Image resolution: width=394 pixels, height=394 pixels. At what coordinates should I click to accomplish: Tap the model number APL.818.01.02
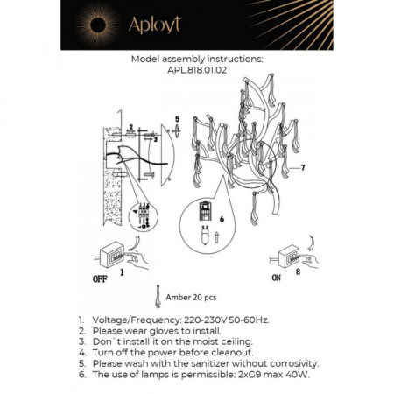coord(196,72)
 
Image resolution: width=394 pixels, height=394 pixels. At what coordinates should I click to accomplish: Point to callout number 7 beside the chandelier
coord(302,166)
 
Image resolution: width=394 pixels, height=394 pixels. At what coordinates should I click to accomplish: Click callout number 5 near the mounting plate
coord(176,118)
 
